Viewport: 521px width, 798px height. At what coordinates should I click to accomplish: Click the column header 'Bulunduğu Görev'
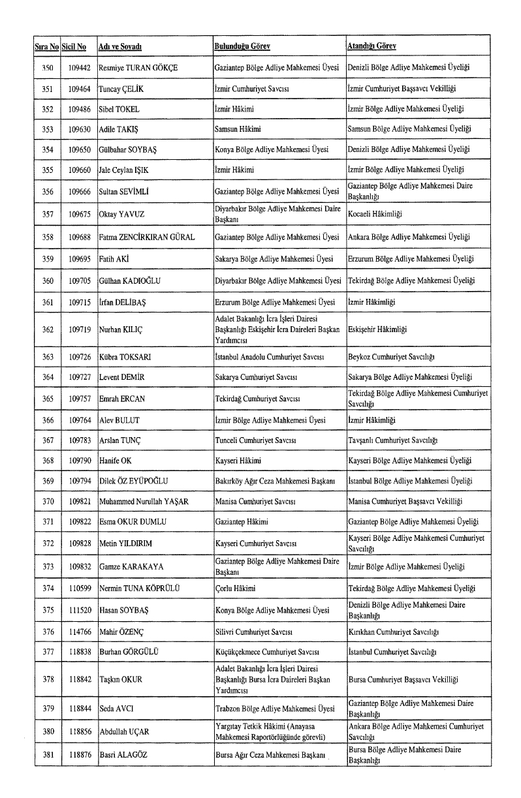242,46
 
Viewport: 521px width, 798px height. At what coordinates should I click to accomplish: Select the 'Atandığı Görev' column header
372,46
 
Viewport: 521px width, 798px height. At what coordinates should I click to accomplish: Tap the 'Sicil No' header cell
74,47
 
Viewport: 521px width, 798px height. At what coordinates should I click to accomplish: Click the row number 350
47,67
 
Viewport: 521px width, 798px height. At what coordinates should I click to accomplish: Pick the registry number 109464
78,88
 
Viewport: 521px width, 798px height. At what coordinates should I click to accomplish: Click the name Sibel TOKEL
119,109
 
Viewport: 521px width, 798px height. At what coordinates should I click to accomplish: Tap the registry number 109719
78,330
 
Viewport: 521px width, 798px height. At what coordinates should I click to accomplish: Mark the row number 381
47,755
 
